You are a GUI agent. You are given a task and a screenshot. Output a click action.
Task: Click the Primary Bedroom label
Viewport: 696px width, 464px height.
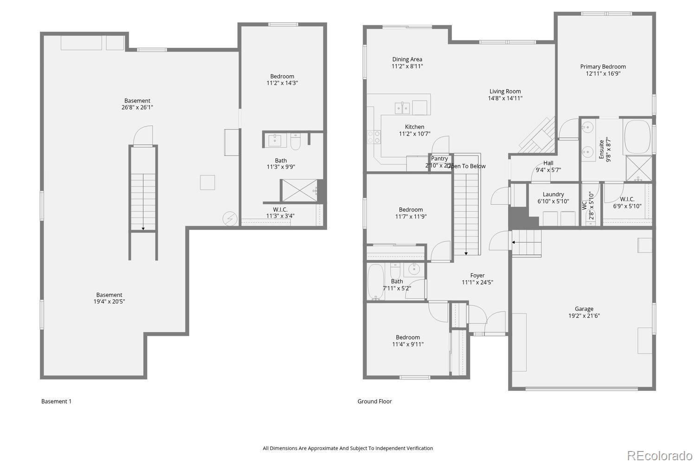(603, 66)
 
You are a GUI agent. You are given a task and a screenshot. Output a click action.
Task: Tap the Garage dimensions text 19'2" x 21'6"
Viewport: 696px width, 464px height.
(584, 316)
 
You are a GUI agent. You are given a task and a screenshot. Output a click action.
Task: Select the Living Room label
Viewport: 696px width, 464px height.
(505, 91)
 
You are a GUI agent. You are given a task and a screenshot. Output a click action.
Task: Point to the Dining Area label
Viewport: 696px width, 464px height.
(407, 59)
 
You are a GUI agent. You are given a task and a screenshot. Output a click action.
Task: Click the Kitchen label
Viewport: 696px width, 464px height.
(414, 127)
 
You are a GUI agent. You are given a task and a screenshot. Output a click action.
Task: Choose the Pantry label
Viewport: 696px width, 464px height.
(439, 159)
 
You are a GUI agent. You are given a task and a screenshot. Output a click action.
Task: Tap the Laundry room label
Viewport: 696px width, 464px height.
(553, 194)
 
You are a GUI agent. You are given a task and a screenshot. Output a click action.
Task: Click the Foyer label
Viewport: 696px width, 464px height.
(477, 276)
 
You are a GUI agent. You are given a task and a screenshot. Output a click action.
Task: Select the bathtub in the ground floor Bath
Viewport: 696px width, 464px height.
(375, 282)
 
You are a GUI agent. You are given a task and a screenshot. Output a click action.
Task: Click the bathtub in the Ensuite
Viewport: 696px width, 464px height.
(638, 137)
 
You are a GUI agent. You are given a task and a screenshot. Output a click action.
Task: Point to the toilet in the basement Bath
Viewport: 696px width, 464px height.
(296, 142)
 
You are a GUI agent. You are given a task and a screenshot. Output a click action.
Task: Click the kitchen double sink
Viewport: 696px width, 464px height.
(402, 108)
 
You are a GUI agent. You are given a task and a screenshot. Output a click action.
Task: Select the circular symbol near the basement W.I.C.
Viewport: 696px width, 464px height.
(230, 219)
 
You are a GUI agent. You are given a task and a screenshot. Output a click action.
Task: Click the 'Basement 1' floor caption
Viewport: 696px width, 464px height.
(56, 401)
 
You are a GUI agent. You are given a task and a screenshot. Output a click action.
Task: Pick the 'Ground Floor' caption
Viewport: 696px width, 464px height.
(374, 401)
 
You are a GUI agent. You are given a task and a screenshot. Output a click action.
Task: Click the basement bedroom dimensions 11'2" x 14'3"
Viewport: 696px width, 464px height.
(282, 83)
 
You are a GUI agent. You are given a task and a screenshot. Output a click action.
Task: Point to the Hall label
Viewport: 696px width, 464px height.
(548, 163)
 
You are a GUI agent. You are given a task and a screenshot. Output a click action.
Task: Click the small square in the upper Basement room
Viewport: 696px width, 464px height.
(207, 182)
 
